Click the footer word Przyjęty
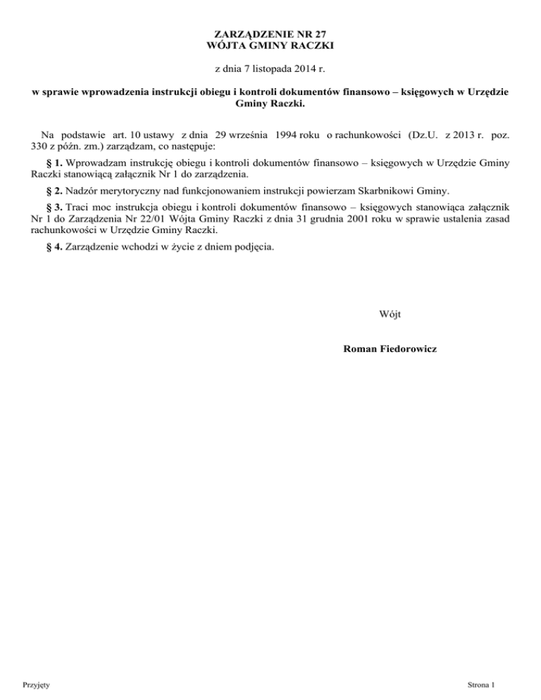[x=35, y=684]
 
